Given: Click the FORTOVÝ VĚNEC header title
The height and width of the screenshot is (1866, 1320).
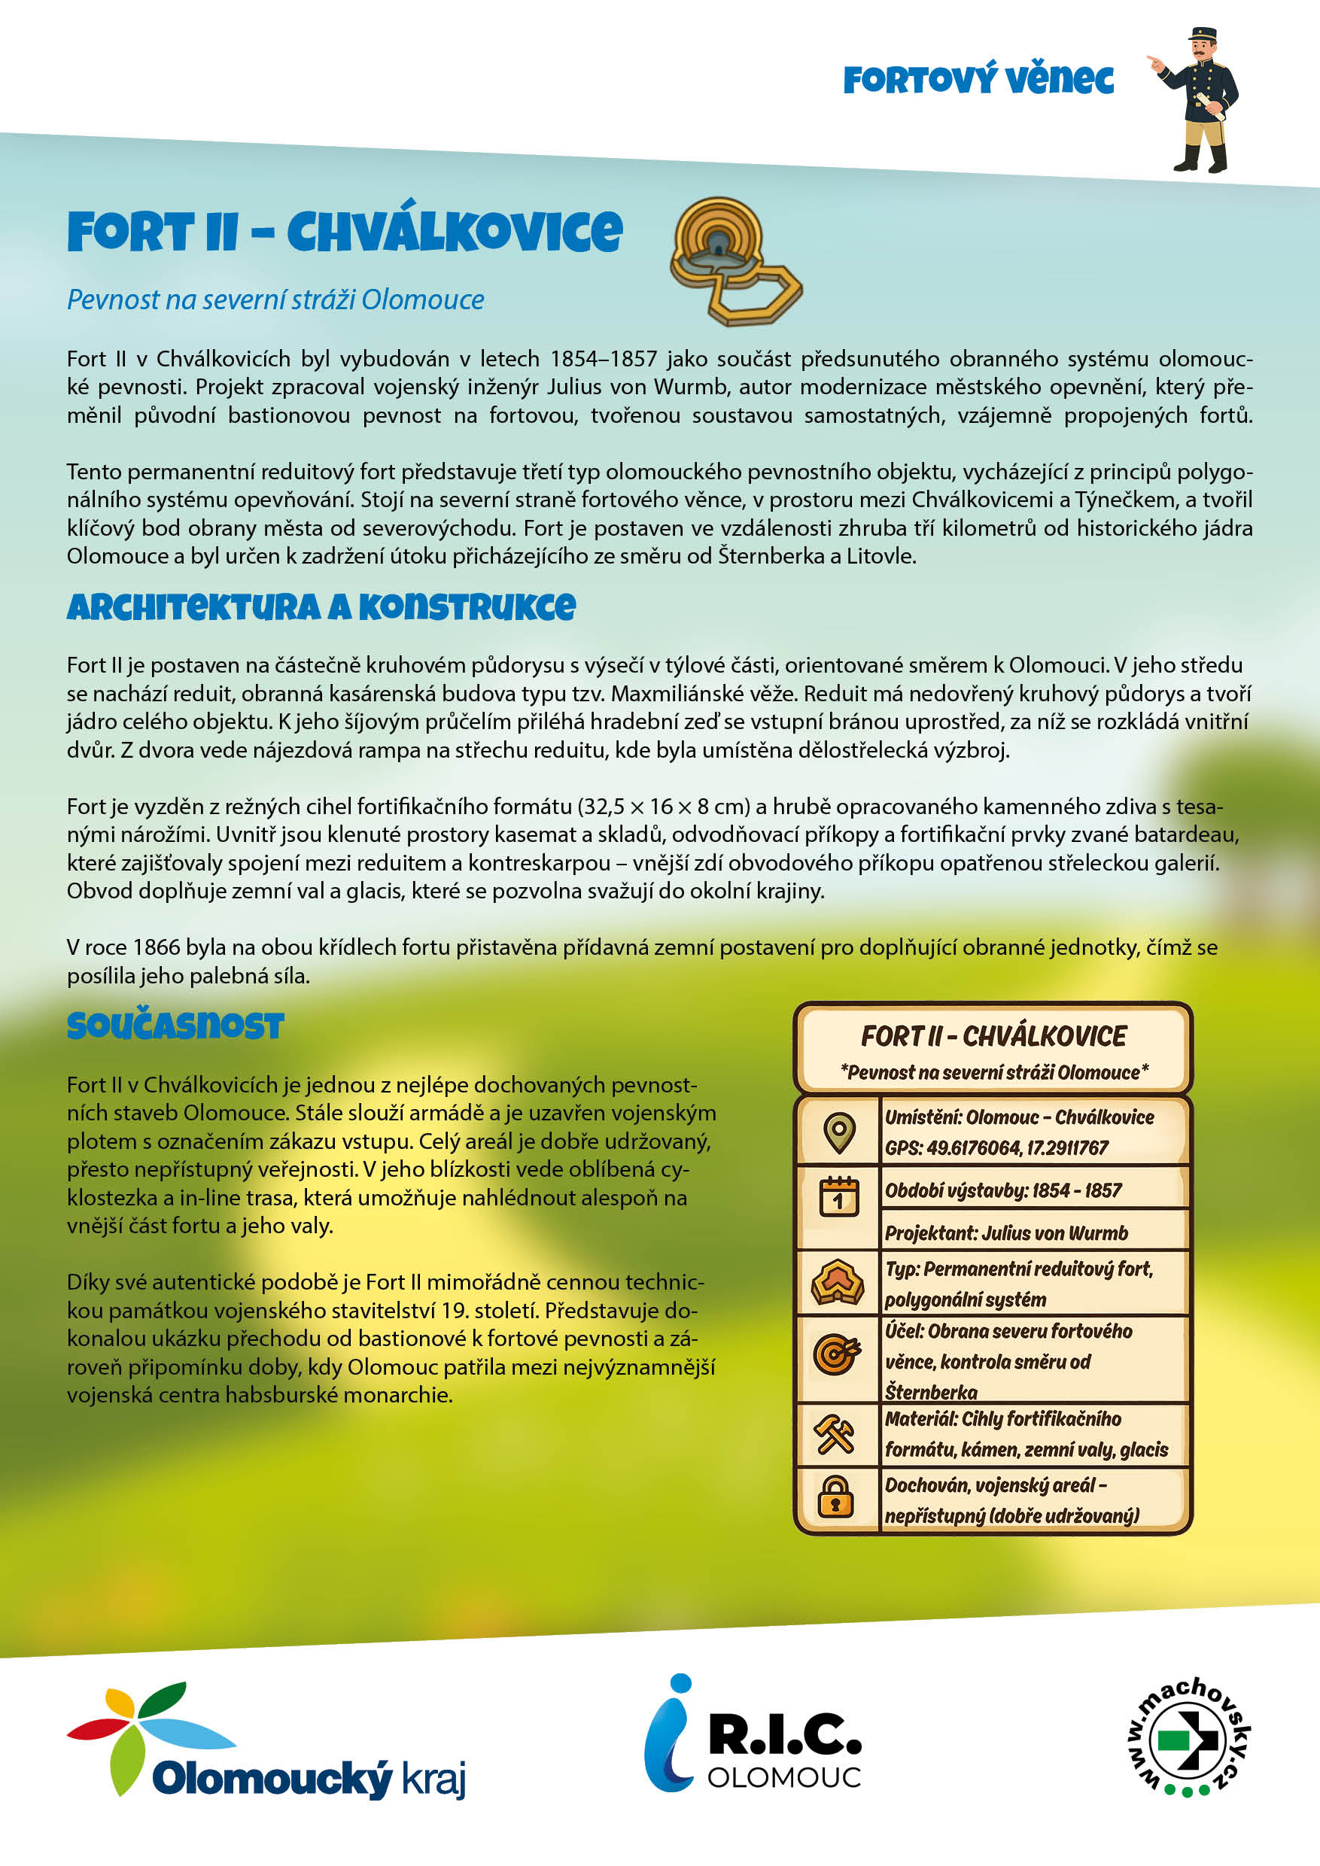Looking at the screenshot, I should click(978, 80).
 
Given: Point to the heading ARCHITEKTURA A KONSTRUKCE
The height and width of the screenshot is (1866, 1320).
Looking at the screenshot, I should click(321, 607).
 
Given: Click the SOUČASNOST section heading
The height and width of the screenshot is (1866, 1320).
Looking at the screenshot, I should click(175, 1026).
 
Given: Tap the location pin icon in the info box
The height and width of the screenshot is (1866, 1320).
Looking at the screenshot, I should click(839, 1132).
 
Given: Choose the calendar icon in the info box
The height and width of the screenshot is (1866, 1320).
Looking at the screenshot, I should click(839, 1196).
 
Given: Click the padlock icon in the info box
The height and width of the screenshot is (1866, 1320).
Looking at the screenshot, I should click(835, 1497).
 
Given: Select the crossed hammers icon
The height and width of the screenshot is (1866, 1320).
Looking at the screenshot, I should click(835, 1433).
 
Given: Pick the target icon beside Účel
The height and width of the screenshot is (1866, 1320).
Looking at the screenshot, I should click(836, 1354).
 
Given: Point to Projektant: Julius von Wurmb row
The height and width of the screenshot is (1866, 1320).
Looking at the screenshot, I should click(1006, 1233).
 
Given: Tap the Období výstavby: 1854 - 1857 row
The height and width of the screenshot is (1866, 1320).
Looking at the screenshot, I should click(1003, 1190).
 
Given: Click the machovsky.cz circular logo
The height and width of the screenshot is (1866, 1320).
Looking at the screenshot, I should click(1188, 1736).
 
